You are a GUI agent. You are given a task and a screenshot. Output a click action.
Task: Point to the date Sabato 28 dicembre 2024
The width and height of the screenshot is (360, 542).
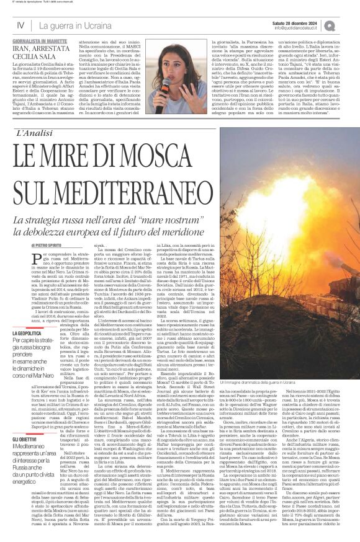tap(295, 22)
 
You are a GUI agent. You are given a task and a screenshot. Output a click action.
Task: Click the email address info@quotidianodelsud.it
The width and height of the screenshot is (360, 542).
tap(294, 29)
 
